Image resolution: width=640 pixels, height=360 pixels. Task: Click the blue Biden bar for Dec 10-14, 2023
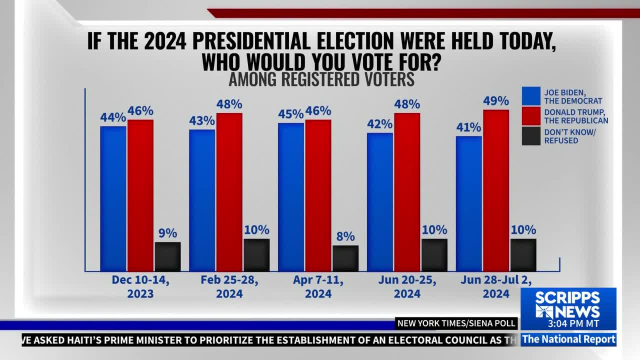pyautogui.click(x=113, y=199)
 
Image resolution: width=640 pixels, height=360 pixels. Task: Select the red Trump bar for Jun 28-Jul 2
pyautogui.click(x=496, y=190)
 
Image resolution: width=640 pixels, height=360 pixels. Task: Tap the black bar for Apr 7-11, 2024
pyautogui.click(x=345, y=258)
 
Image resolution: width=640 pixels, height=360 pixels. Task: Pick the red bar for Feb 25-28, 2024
pyautogui.click(x=229, y=192)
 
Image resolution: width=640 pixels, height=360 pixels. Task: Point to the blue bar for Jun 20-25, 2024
pyautogui.click(x=380, y=202)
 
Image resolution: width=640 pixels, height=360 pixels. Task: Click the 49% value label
pyautogui.click(x=496, y=101)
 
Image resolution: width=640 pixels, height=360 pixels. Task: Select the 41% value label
pyautogui.click(x=468, y=127)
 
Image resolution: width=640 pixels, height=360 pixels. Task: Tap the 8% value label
pyautogui.click(x=345, y=236)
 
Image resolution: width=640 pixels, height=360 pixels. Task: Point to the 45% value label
pyautogui.click(x=291, y=114)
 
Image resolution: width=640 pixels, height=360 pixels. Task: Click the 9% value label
pyautogui.click(x=167, y=233)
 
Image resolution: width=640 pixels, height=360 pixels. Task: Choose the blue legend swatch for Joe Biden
pyautogui.click(x=531, y=96)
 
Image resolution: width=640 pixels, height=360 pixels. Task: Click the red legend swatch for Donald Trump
pyautogui.click(x=531, y=116)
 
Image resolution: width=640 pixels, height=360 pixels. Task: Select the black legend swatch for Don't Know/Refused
pyautogui.click(x=531, y=136)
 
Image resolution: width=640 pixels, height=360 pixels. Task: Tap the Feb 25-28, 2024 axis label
pyautogui.click(x=229, y=287)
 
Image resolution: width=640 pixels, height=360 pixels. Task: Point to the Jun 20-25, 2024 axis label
pyautogui.click(x=407, y=287)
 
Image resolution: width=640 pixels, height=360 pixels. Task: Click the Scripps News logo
pyautogui.click(x=567, y=305)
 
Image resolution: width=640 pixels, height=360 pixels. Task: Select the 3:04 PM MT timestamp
pyautogui.click(x=573, y=323)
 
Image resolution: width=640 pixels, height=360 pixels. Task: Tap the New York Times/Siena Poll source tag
pyautogui.click(x=456, y=323)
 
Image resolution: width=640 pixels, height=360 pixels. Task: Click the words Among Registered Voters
pyautogui.click(x=321, y=79)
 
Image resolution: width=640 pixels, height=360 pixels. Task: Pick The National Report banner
pyautogui.click(x=568, y=339)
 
